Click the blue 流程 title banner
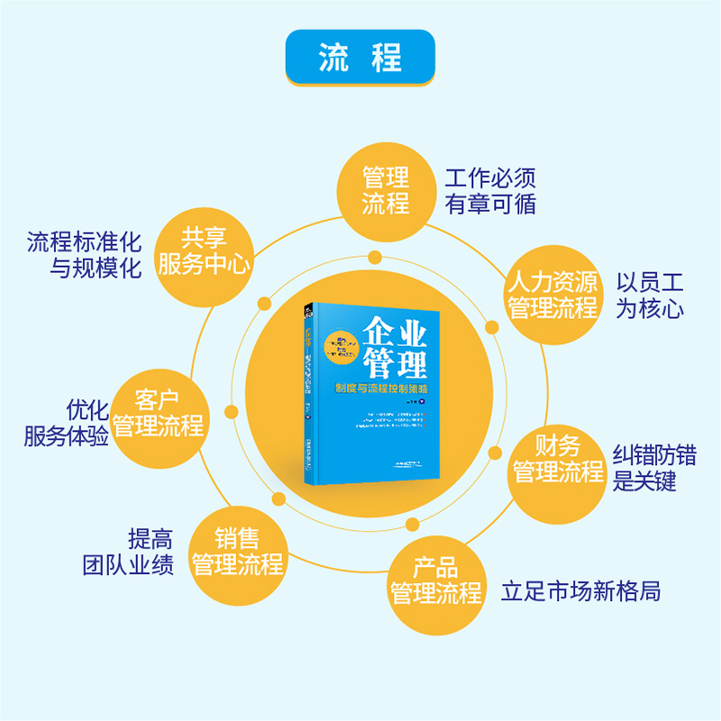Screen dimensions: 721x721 [360, 58]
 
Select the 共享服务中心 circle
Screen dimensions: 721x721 [204, 251]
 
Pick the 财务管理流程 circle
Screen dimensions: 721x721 [557, 459]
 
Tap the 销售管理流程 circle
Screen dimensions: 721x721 [237, 552]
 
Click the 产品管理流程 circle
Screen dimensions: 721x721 [435, 581]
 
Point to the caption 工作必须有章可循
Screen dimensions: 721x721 [490, 189]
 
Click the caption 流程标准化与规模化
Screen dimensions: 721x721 [84, 255]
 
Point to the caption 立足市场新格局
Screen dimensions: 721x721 [581, 592]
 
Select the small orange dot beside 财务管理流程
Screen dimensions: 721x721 [494, 452]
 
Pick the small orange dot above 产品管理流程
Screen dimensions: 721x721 [412, 525]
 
